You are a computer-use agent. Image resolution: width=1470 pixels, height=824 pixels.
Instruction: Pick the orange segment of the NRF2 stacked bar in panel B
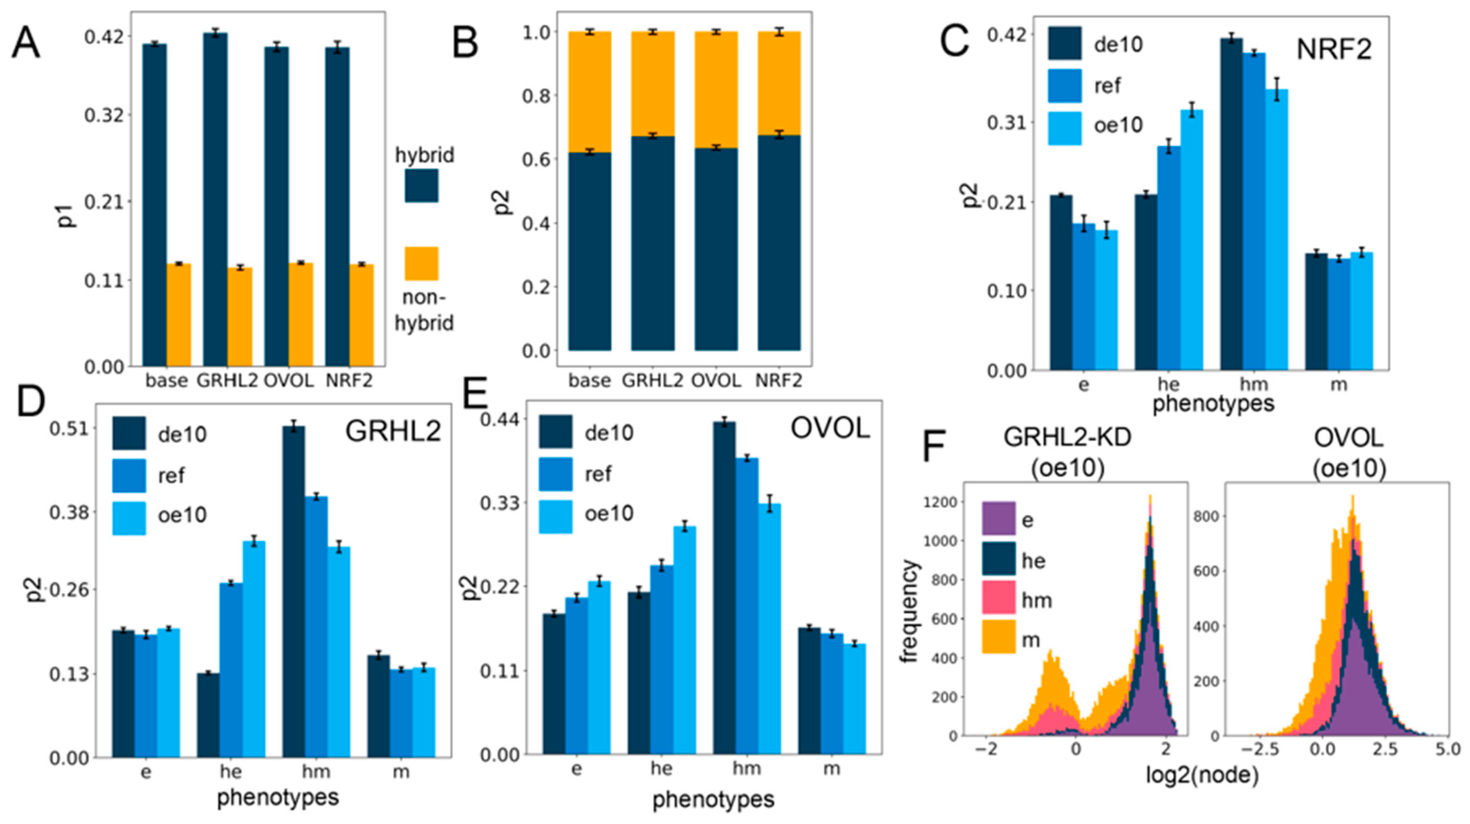779,83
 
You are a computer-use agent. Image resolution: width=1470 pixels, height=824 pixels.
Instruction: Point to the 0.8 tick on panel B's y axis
536,96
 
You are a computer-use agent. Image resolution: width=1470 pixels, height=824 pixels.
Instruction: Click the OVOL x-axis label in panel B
716,380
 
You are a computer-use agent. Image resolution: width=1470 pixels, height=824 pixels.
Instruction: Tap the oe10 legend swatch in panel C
1064,128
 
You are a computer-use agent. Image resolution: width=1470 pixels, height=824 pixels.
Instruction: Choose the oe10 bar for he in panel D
254,649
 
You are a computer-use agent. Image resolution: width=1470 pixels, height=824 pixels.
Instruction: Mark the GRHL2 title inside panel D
393,431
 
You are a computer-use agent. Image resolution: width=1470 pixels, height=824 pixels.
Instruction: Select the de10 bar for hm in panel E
724,588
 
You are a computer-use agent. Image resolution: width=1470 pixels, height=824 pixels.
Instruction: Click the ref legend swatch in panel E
555,473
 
